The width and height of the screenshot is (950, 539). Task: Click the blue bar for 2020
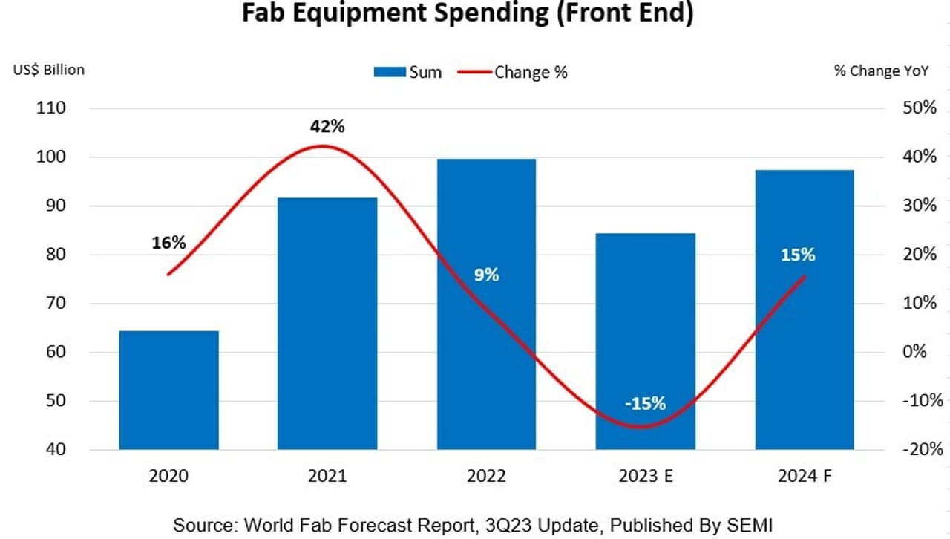(x=168, y=390)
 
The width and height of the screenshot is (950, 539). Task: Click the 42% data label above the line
(x=327, y=126)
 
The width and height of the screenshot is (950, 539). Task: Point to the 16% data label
(x=168, y=243)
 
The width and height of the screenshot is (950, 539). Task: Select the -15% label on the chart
(x=645, y=404)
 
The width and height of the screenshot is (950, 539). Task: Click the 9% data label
(x=487, y=275)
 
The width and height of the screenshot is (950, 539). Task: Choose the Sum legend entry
(x=407, y=72)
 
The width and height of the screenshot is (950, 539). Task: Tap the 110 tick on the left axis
(x=51, y=108)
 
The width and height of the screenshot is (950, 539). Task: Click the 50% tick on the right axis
(x=920, y=108)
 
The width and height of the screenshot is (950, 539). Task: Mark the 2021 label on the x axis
(x=327, y=476)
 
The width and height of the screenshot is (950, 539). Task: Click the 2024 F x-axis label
(x=805, y=476)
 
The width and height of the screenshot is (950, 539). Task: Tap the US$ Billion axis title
(x=49, y=70)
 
